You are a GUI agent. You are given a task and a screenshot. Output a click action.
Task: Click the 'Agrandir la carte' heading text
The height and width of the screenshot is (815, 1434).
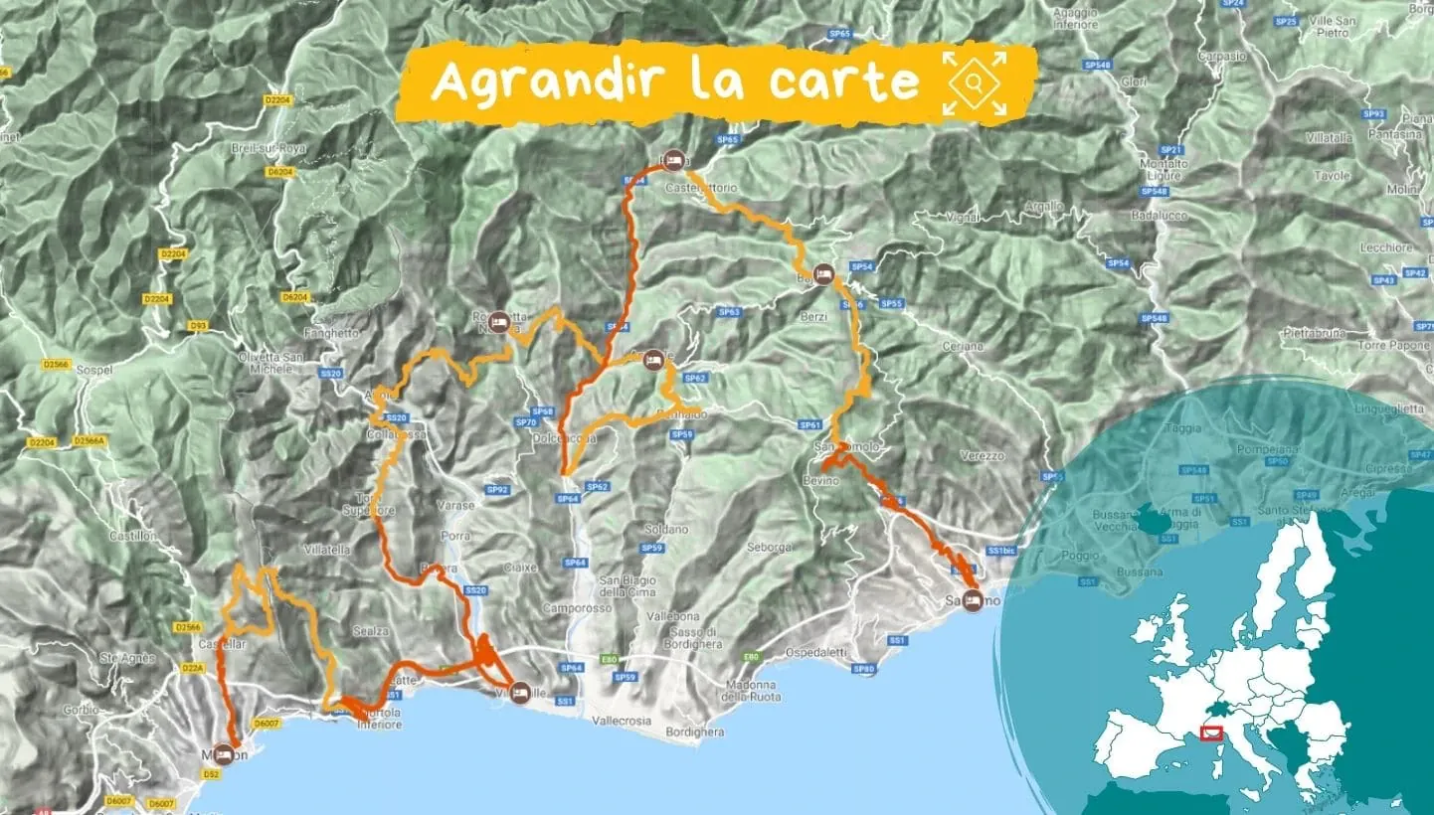click(674, 82)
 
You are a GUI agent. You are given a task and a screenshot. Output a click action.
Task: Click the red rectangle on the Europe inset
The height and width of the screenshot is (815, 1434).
click(1211, 733)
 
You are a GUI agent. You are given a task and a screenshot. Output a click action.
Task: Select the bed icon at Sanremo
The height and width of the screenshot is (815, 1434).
click(973, 599)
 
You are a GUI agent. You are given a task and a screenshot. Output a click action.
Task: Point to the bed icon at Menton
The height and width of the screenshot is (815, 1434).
click(224, 753)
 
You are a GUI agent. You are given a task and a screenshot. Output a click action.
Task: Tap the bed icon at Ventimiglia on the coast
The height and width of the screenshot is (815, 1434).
click(518, 695)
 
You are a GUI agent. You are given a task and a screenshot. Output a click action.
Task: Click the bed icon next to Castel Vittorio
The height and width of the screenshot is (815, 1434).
click(673, 159)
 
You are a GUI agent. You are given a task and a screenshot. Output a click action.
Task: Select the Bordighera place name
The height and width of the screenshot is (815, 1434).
click(695, 733)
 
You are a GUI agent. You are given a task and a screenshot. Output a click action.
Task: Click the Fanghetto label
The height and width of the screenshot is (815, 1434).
click(305, 333)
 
